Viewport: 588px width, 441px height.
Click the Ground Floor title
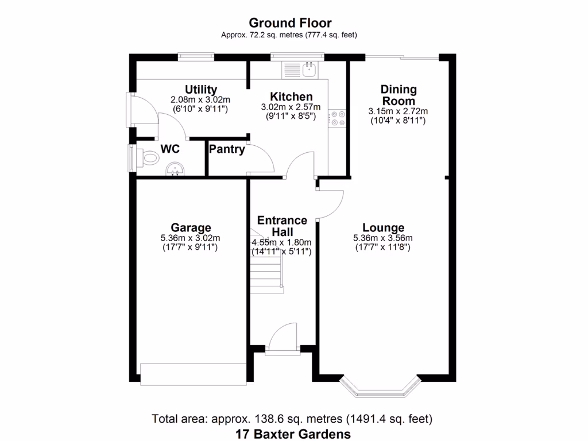pos(289,23)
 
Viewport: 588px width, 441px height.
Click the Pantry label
pos(227,150)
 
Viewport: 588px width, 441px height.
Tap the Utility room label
pos(200,90)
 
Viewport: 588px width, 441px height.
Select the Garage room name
pos(191,227)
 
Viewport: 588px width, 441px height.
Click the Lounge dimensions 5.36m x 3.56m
pos(384,238)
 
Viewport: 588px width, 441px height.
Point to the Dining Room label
pos(399,95)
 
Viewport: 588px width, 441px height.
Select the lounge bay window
pos(377,388)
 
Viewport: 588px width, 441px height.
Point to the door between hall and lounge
pos(329,204)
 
